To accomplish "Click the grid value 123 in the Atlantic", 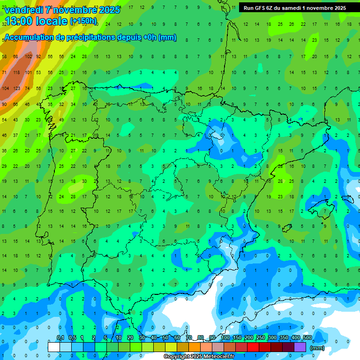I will [x=17, y=88].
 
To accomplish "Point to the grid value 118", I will [x=17, y=73].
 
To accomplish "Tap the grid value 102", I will [x=29, y=57].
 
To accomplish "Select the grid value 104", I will [x=6, y=88].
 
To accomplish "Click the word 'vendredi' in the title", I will [x=23, y=10].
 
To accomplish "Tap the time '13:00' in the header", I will [x=17, y=21].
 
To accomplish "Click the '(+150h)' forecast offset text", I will [x=83, y=21].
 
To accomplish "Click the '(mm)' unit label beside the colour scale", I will [x=317, y=348].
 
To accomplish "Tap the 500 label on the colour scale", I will [x=307, y=337].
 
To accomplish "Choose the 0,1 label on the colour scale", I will [x=60, y=337].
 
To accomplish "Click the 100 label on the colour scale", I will [x=225, y=337].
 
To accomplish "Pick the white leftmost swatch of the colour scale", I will [x=54, y=347].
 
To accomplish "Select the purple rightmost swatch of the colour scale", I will [x=300, y=347].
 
